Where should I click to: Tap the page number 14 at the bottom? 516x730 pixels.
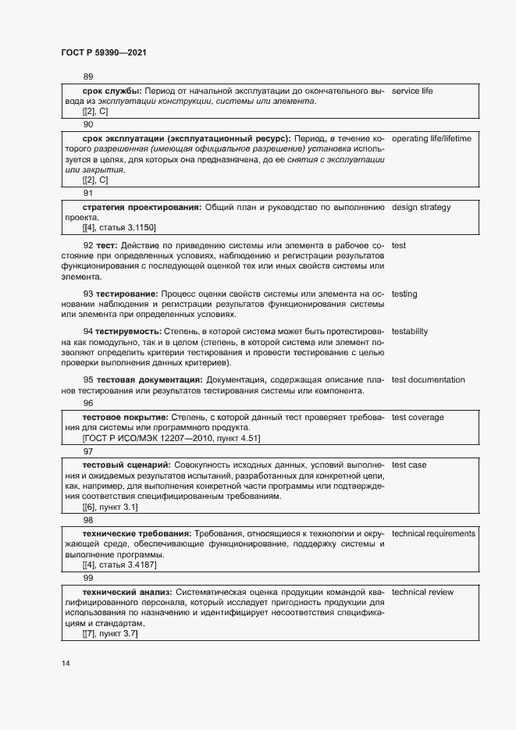pos(66,664)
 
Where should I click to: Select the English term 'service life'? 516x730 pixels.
pos(412,91)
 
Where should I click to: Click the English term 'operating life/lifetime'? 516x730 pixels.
pos(432,138)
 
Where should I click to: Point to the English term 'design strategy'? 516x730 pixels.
pos(421,207)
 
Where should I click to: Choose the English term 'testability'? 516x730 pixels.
pos(410,331)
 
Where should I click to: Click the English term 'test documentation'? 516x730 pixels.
pos(428,379)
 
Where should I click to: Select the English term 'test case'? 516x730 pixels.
pos(408,465)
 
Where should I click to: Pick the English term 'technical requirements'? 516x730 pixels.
pos(433,533)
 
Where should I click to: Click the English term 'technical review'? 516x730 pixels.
pos(422,592)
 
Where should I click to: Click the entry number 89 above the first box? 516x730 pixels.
pos(87,77)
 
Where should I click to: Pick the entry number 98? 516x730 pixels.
pos(87,519)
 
